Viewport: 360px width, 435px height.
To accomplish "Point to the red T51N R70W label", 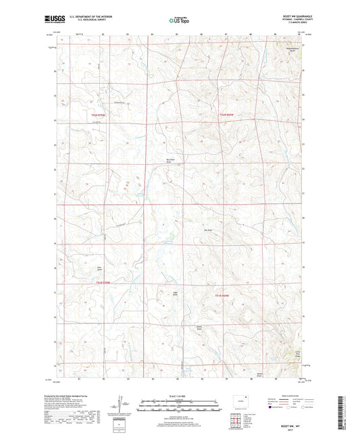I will coord(99,116).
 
